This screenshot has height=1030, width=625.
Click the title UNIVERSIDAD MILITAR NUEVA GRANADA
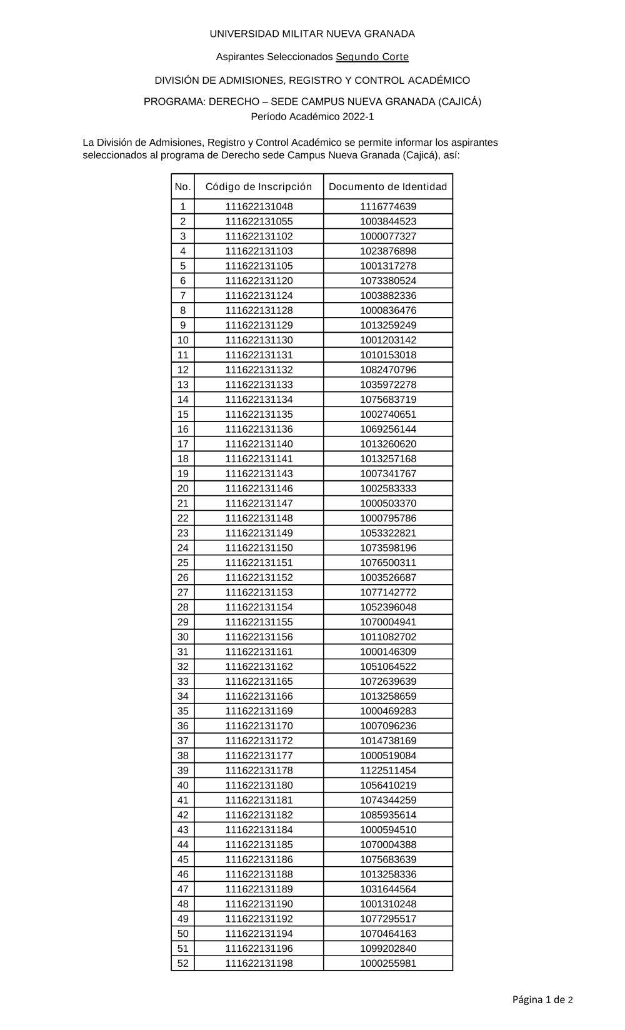pyautogui.click(x=312, y=34)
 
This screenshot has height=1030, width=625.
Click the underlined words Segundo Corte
pyautogui.click(x=372, y=57)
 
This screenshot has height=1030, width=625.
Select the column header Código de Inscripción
pyautogui.click(x=259, y=186)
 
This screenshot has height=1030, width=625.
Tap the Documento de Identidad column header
pyautogui.click(x=387, y=186)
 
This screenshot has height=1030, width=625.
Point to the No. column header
pyautogui.click(x=182, y=186)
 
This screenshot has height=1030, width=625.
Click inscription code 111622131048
pyautogui.click(x=259, y=206)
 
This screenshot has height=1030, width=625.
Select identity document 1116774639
pyautogui.click(x=387, y=206)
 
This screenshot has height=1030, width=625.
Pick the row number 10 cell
pyautogui.click(x=182, y=340)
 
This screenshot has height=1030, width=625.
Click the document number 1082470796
pyautogui.click(x=387, y=370)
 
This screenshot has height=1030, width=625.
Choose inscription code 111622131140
pyautogui.click(x=259, y=444)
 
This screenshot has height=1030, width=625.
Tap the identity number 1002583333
pyautogui.click(x=387, y=488)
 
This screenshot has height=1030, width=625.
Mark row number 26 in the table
pyautogui.click(x=182, y=577)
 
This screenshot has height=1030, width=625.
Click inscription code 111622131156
pyautogui.click(x=259, y=637)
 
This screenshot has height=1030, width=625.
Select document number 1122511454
pyautogui.click(x=387, y=770)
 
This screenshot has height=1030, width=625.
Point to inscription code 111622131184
pyautogui.click(x=259, y=830)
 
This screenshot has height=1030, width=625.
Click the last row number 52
pyautogui.click(x=182, y=963)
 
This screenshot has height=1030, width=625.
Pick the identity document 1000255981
pyautogui.click(x=387, y=963)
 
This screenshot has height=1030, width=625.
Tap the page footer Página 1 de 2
pyautogui.click(x=542, y=999)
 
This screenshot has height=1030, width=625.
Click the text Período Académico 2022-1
pyautogui.click(x=312, y=116)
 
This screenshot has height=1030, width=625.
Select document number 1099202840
pyautogui.click(x=387, y=948)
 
